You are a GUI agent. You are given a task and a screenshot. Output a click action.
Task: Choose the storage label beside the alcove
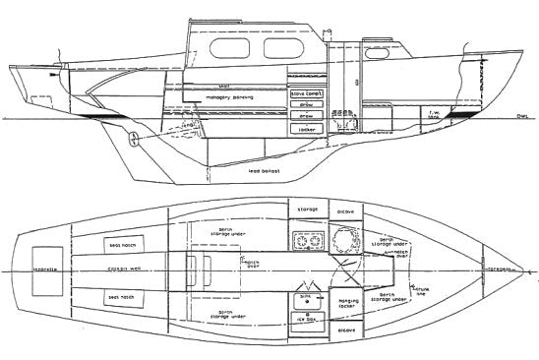(x=302, y=210)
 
